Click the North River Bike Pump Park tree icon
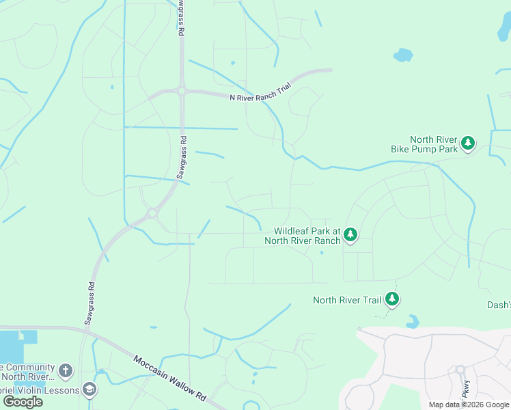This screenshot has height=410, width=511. pos(468,143)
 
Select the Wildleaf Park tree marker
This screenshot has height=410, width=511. pos(350,235)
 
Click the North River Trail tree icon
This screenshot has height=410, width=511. pos(392,299)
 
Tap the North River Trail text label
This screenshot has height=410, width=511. pos(346,299)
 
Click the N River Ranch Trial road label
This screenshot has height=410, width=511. pos(260,97)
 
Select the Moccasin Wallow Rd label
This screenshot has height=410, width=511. pos(169,378)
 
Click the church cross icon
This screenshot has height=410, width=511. pos(66,371)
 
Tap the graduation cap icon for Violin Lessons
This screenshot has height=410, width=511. pos(89,389)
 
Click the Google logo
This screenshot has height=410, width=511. pos(23,402)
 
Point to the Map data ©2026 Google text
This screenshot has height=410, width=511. pos(469,405)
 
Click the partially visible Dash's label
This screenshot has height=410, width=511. pos(498,305)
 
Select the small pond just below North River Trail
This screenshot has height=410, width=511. pos(413,320)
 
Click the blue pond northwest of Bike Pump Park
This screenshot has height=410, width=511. pos(403,55)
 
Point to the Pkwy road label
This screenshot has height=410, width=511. pos(467,390)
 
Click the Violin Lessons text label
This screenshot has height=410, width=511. pos(40,389)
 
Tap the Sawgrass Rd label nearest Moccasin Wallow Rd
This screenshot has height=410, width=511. pos(89,301)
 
